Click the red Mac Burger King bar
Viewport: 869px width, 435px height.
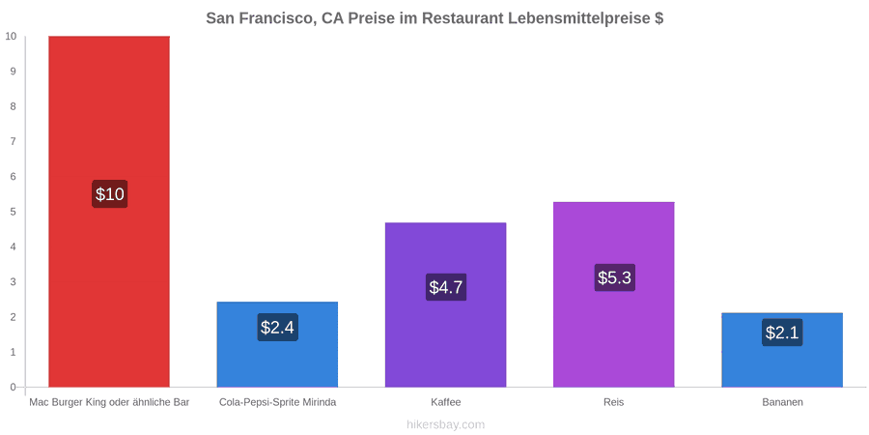pyautogui.click(x=109, y=212)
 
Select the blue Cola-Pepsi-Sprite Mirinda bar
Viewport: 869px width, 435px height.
pyautogui.click(x=277, y=344)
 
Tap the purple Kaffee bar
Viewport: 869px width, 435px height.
pyautogui.click(x=445, y=304)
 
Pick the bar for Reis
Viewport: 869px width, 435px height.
pyautogui.click(x=613, y=294)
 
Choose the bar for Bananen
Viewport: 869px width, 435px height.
pyautogui.click(x=782, y=350)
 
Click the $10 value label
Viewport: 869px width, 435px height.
pyautogui.click(x=110, y=194)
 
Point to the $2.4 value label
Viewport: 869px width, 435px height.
pyautogui.click(x=277, y=328)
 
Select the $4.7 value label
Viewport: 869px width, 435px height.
pyautogui.click(x=445, y=287)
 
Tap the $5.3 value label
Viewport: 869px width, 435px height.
pyautogui.click(x=614, y=277)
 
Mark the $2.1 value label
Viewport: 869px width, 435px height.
pyautogui.click(x=782, y=333)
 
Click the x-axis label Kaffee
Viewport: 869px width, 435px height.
pyautogui.click(x=445, y=402)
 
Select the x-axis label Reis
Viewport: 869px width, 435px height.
pyautogui.click(x=613, y=402)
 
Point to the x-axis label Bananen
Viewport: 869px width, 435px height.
pyautogui.click(x=782, y=402)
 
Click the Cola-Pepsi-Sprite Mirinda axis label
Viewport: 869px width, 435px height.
pyautogui.click(x=277, y=402)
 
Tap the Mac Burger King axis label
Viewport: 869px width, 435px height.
pyautogui.click(x=109, y=402)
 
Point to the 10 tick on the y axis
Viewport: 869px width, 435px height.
pyautogui.click(x=11, y=36)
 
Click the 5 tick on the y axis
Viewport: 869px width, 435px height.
pyautogui.click(x=14, y=212)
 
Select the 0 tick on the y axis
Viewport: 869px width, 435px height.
pyautogui.click(x=14, y=387)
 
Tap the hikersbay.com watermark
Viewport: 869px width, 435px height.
pyautogui.click(x=445, y=424)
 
